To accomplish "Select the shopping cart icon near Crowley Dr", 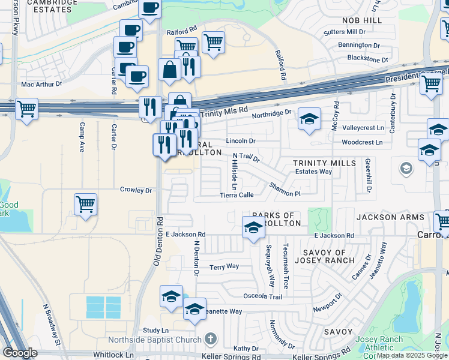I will [x=86, y=204].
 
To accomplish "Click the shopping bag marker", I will [x=170, y=69].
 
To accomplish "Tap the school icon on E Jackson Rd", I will [x=253, y=228].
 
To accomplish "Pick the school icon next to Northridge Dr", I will [x=309, y=119].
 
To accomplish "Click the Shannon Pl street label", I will [x=285, y=190].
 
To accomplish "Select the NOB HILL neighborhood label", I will [x=362, y=20].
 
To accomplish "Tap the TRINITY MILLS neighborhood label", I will [x=321, y=163].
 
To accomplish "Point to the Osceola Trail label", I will [x=262, y=296].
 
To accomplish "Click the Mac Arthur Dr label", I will [x=41, y=85].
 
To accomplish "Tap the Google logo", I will [x=20, y=353].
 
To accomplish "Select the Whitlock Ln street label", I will [x=113, y=355].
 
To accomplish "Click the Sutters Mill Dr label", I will [x=344, y=31].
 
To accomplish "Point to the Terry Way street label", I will [x=224, y=266].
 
